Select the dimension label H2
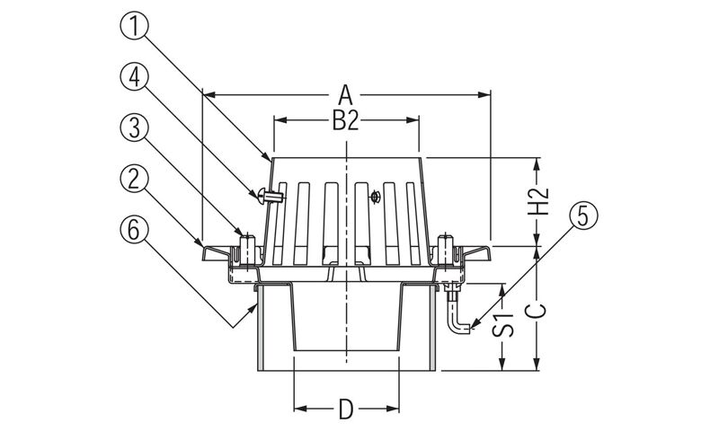(x=537, y=203)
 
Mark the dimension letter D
(x=346, y=411)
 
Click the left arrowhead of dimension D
(x=299, y=410)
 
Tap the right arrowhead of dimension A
(x=485, y=92)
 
